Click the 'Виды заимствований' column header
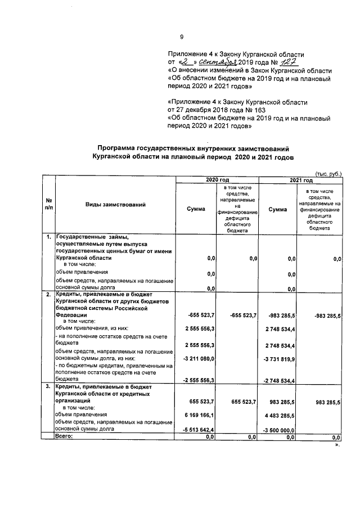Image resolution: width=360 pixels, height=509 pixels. coord(116,205)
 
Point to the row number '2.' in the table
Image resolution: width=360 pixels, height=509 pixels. coord(48,294)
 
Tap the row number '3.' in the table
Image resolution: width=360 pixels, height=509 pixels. coord(48,388)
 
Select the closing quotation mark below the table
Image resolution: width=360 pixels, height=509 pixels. coord(337,444)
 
